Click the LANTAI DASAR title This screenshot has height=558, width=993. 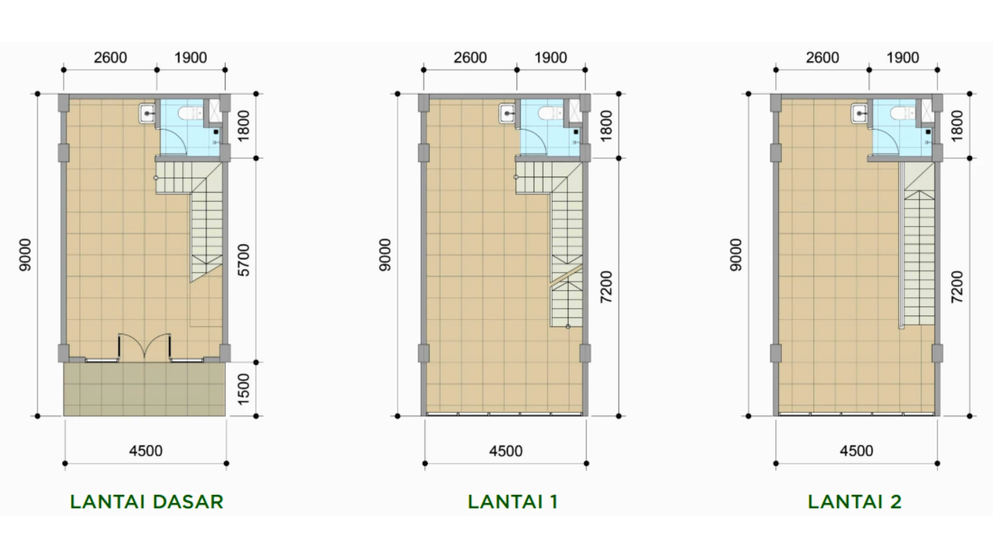click(x=146, y=502)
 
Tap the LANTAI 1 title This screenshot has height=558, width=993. click(x=513, y=502)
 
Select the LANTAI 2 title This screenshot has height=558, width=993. click(x=854, y=502)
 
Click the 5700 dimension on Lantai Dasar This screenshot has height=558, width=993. click(x=244, y=260)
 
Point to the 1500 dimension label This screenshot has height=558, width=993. click(x=244, y=389)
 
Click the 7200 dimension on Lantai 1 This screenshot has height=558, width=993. click(x=606, y=287)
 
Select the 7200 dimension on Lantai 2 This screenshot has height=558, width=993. click(x=957, y=287)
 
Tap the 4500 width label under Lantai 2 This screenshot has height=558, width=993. click(x=856, y=451)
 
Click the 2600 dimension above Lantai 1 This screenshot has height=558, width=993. click(x=470, y=57)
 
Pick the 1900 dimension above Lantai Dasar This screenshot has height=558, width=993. click(x=190, y=57)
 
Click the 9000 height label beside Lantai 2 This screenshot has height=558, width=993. click(x=736, y=255)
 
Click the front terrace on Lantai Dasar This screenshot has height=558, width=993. click(x=144, y=389)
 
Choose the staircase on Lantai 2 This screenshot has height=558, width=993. click(x=919, y=245)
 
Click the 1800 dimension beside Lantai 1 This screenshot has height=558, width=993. click(x=606, y=126)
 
